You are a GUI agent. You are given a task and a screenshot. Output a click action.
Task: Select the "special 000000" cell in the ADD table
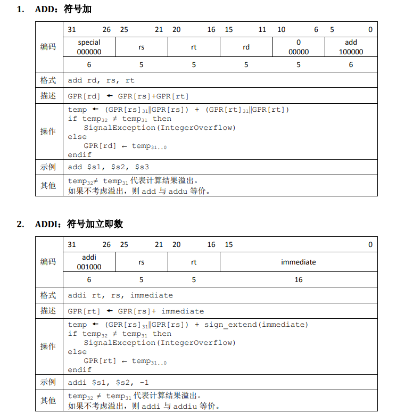89,47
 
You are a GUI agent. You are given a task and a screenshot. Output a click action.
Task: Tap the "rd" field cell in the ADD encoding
246,47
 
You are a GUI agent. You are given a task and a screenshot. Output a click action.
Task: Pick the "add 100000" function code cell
351,47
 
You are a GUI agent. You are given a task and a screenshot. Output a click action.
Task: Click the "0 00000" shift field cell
299,47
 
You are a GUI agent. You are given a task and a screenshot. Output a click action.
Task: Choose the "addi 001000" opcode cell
89,262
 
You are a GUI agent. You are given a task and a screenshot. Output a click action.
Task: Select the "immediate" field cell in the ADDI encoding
298,262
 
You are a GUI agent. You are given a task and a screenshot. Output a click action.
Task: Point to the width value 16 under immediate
298,279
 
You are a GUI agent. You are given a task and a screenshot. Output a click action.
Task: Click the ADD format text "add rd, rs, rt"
101,80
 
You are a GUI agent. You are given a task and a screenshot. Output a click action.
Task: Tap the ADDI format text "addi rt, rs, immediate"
120,295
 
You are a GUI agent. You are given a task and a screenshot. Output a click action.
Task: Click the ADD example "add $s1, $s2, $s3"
108,167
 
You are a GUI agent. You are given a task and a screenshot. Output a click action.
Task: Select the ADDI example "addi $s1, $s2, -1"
108,382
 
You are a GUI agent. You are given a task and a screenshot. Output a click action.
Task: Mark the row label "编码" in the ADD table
48,47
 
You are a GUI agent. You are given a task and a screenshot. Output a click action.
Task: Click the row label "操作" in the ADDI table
48,346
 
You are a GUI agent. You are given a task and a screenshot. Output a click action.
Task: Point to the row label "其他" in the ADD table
48,186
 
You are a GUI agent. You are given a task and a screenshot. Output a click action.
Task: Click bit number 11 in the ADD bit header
262,30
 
